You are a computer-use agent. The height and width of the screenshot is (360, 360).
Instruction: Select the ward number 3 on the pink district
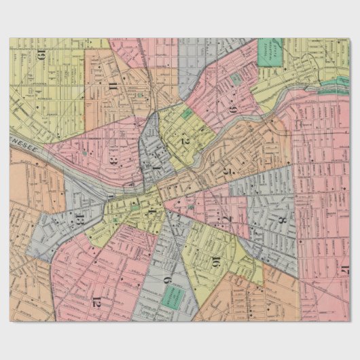click(115, 162)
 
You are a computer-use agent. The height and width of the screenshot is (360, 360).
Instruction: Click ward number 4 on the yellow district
click(152, 213)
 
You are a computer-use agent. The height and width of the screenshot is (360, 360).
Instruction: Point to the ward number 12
click(96, 300)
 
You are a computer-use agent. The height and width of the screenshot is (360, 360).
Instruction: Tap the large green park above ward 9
click(270, 52)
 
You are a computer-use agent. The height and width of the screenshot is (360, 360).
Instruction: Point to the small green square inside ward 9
click(236, 79)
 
